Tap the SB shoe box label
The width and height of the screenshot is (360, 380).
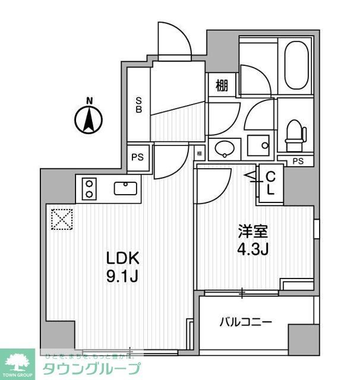(138, 104)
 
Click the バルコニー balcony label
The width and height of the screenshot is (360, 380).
(246, 322)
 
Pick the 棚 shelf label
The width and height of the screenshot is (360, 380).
(222, 85)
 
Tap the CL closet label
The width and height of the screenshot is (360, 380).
(270, 183)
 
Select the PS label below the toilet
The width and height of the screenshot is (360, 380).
(299, 161)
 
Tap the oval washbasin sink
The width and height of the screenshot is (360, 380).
(225, 148)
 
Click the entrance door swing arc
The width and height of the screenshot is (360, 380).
(176, 42)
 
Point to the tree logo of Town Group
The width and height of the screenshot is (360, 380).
(17, 361)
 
